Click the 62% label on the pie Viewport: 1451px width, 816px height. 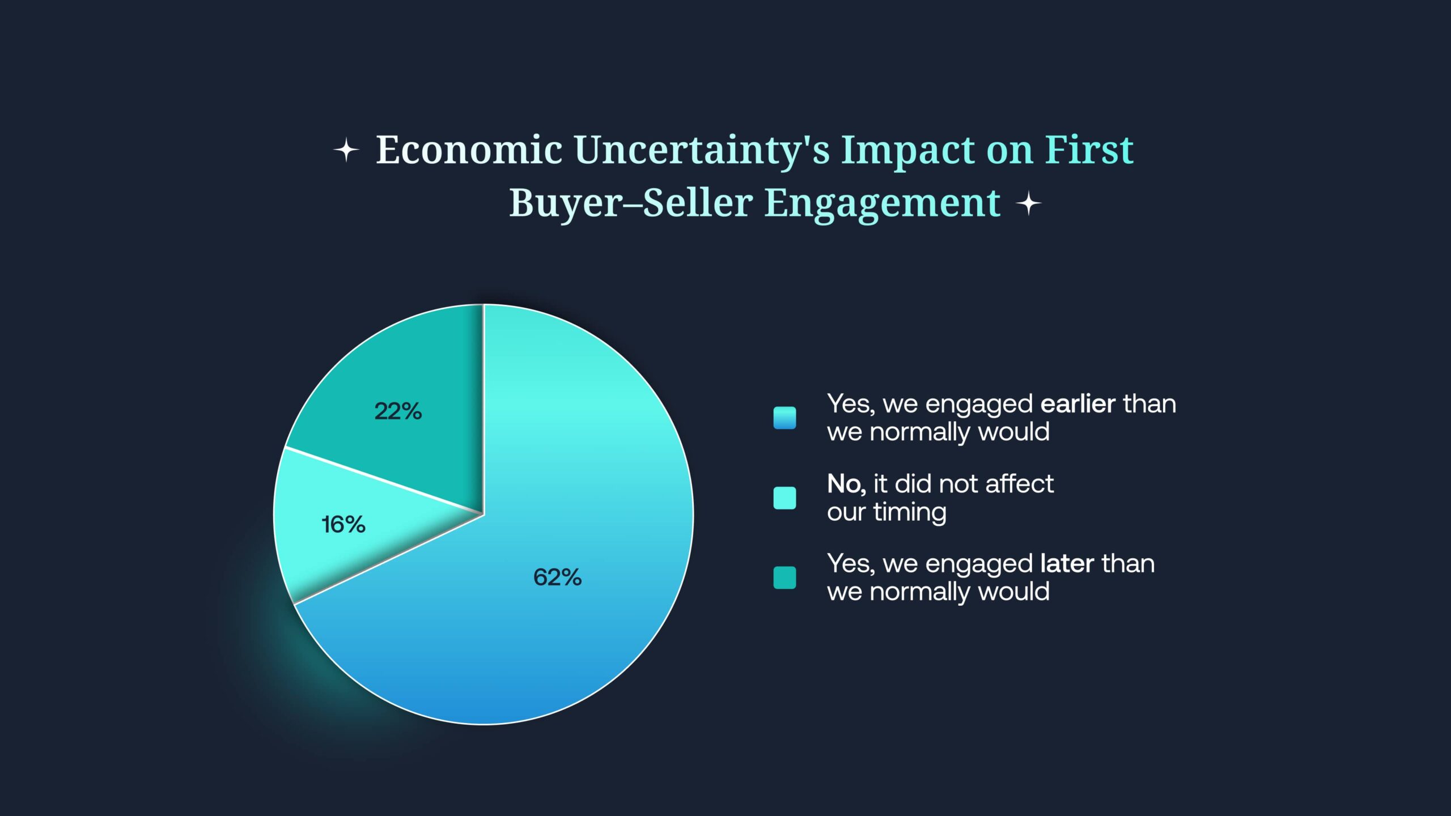click(x=557, y=577)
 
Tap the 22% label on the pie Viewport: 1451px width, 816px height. click(x=398, y=411)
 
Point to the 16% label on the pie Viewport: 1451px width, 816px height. click(x=343, y=525)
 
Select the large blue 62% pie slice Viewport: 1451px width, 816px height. click(x=544, y=567)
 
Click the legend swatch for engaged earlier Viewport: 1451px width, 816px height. click(x=784, y=418)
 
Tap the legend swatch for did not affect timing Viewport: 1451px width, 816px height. click(x=784, y=498)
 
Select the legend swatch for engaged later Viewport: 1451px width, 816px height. click(x=784, y=578)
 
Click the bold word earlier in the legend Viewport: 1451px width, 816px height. click(x=1078, y=404)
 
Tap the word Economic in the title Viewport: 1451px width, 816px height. click(x=469, y=150)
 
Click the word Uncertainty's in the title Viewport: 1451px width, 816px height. click(x=702, y=152)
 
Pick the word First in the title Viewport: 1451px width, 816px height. click(x=1089, y=150)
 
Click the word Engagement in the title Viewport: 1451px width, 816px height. click(x=883, y=204)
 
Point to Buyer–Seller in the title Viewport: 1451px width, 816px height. click(x=631, y=204)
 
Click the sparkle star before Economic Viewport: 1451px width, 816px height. click(x=346, y=151)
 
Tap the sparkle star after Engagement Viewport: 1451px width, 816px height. click(x=1029, y=203)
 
